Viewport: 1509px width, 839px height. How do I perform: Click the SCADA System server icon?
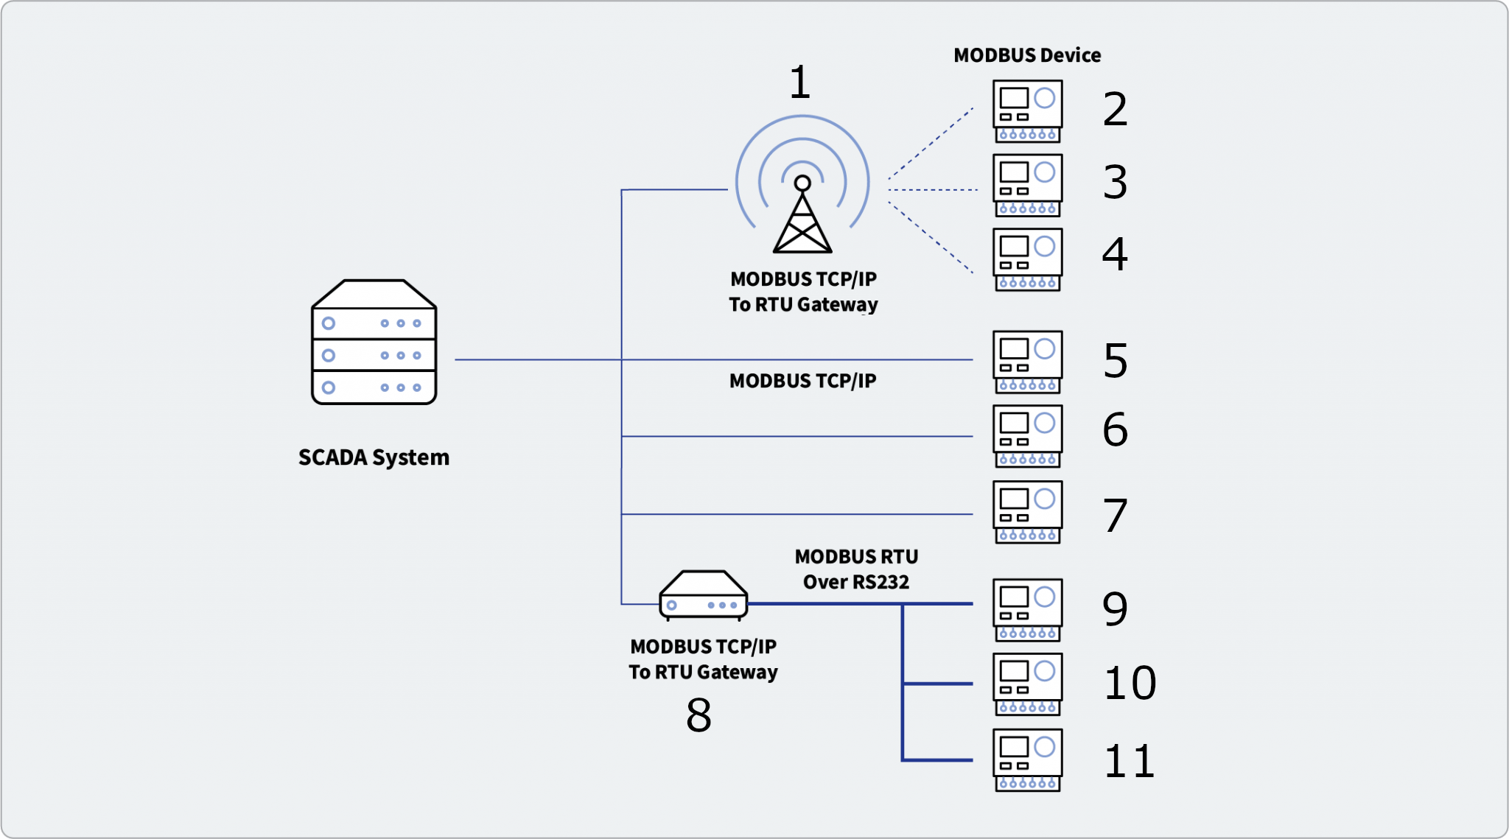374,343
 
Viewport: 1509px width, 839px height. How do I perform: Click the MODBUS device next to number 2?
1027,111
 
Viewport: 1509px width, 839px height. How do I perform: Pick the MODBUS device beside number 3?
1027,185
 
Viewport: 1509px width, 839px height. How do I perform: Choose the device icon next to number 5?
1027,362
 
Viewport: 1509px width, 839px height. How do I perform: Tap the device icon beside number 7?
1027,512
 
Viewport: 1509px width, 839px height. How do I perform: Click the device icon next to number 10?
1027,684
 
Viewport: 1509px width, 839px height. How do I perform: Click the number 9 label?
1115,608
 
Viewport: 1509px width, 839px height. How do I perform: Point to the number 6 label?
1115,429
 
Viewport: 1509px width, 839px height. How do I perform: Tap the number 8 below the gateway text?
699,715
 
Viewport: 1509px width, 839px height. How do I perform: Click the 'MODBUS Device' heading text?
1026,55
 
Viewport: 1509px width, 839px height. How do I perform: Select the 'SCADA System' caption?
374,457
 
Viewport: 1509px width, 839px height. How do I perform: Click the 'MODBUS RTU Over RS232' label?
856,569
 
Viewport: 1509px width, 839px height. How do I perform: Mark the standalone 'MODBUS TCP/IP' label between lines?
802,381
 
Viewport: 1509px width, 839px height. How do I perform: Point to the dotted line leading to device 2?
931,143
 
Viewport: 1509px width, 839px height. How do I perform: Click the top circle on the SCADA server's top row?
329,323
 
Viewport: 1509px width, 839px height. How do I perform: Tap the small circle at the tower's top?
802,183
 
